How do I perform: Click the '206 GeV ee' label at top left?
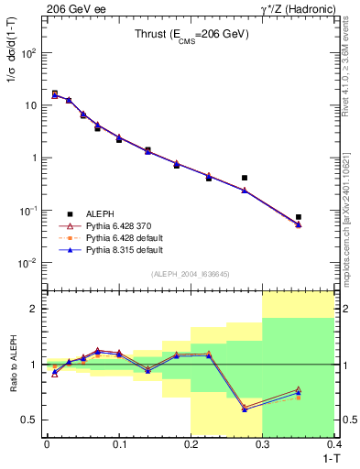pyautogui.click(x=71, y=8)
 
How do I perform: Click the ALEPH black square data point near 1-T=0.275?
pyautogui.click(x=245, y=178)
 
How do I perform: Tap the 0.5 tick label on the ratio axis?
pyautogui.click(x=29, y=420)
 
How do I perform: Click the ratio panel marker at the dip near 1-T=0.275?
pyautogui.click(x=245, y=409)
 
